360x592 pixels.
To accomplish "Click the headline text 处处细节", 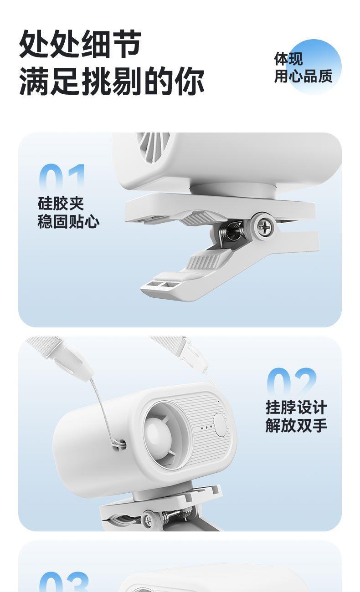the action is tap(80, 44).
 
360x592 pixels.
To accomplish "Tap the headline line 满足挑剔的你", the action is tap(112, 81).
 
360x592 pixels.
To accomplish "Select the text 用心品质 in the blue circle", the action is tap(303, 77).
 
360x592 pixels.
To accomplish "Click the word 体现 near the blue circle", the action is tap(288, 59).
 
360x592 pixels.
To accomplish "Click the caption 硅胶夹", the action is tap(61, 204).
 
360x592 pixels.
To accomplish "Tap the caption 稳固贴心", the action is tap(68, 221).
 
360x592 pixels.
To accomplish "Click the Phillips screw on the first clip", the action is tap(262, 226).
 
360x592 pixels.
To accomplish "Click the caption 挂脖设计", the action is tap(296, 408).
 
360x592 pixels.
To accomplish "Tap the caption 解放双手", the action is tap(296, 425).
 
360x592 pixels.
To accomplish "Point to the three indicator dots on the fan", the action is tap(206, 427).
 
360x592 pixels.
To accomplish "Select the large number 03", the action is tap(64, 582).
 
